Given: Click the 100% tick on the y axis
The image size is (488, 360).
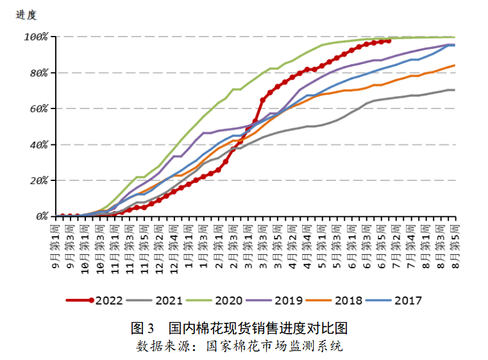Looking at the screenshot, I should pyautogui.click(x=37, y=37).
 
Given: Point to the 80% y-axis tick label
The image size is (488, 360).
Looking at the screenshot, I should pyautogui.click(x=38, y=73).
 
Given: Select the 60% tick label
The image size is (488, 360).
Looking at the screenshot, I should pyautogui.click(x=38, y=108).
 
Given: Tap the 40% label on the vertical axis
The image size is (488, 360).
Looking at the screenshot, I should pyautogui.click(x=38, y=144).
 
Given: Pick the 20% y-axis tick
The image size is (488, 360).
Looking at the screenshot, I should pyautogui.click(x=38, y=180).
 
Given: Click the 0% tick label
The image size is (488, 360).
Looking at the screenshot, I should pyautogui.click(x=41, y=216).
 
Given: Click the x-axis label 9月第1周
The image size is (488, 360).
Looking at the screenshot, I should pyautogui.click(x=56, y=247).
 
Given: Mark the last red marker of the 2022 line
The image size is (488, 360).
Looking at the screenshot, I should pyautogui.click(x=389, y=40).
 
